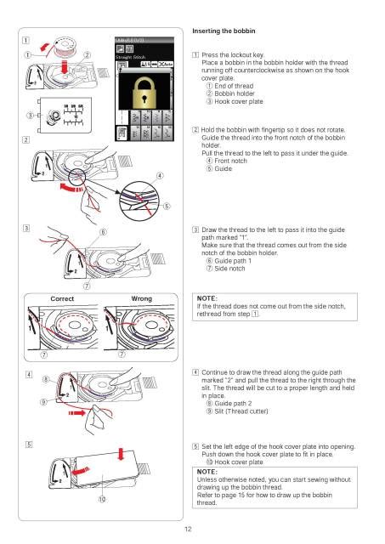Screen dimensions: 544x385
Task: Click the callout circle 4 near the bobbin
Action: click(x=160, y=176)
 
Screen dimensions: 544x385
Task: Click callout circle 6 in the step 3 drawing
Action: click(x=101, y=232)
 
